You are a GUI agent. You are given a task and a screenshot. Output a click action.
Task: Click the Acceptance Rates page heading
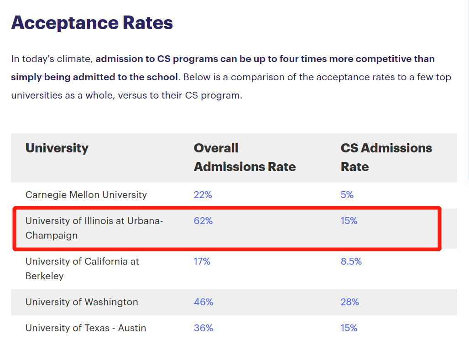click(x=92, y=23)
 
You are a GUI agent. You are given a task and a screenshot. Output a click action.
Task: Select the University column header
click(x=57, y=148)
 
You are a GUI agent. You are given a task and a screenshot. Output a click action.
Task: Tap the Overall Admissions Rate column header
click(x=245, y=157)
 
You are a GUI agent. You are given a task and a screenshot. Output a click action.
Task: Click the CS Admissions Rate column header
click(x=386, y=157)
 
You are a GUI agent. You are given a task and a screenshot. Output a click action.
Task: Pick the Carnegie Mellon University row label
click(x=86, y=195)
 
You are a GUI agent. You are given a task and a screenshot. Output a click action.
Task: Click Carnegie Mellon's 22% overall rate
click(x=203, y=195)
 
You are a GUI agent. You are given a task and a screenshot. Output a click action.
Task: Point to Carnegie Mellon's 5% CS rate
click(x=347, y=195)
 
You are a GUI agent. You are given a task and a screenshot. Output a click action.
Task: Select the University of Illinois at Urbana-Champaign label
click(x=94, y=228)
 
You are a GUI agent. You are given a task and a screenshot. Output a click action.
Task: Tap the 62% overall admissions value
click(x=203, y=221)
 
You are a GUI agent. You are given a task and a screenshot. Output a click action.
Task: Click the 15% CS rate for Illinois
click(x=349, y=221)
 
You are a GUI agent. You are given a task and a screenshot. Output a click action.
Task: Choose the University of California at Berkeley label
click(x=82, y=269)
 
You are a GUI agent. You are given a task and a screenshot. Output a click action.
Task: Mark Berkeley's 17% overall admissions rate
click(x=202, y=261)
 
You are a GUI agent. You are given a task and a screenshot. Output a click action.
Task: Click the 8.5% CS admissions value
click(x=351, y=261)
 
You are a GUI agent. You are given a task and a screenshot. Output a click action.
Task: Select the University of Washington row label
click(x=81, y=302)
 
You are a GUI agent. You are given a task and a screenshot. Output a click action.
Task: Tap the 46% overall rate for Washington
click(x=203, y=302)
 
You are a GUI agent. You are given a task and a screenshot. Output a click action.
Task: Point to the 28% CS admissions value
click(x=349, y=302)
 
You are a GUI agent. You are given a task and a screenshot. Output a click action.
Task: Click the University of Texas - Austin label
click(x=86, y=328)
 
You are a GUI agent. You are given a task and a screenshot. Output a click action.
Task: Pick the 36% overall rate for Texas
click(x=203, y=328)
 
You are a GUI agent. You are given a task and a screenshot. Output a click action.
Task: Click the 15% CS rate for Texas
click(x=349, y=328)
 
